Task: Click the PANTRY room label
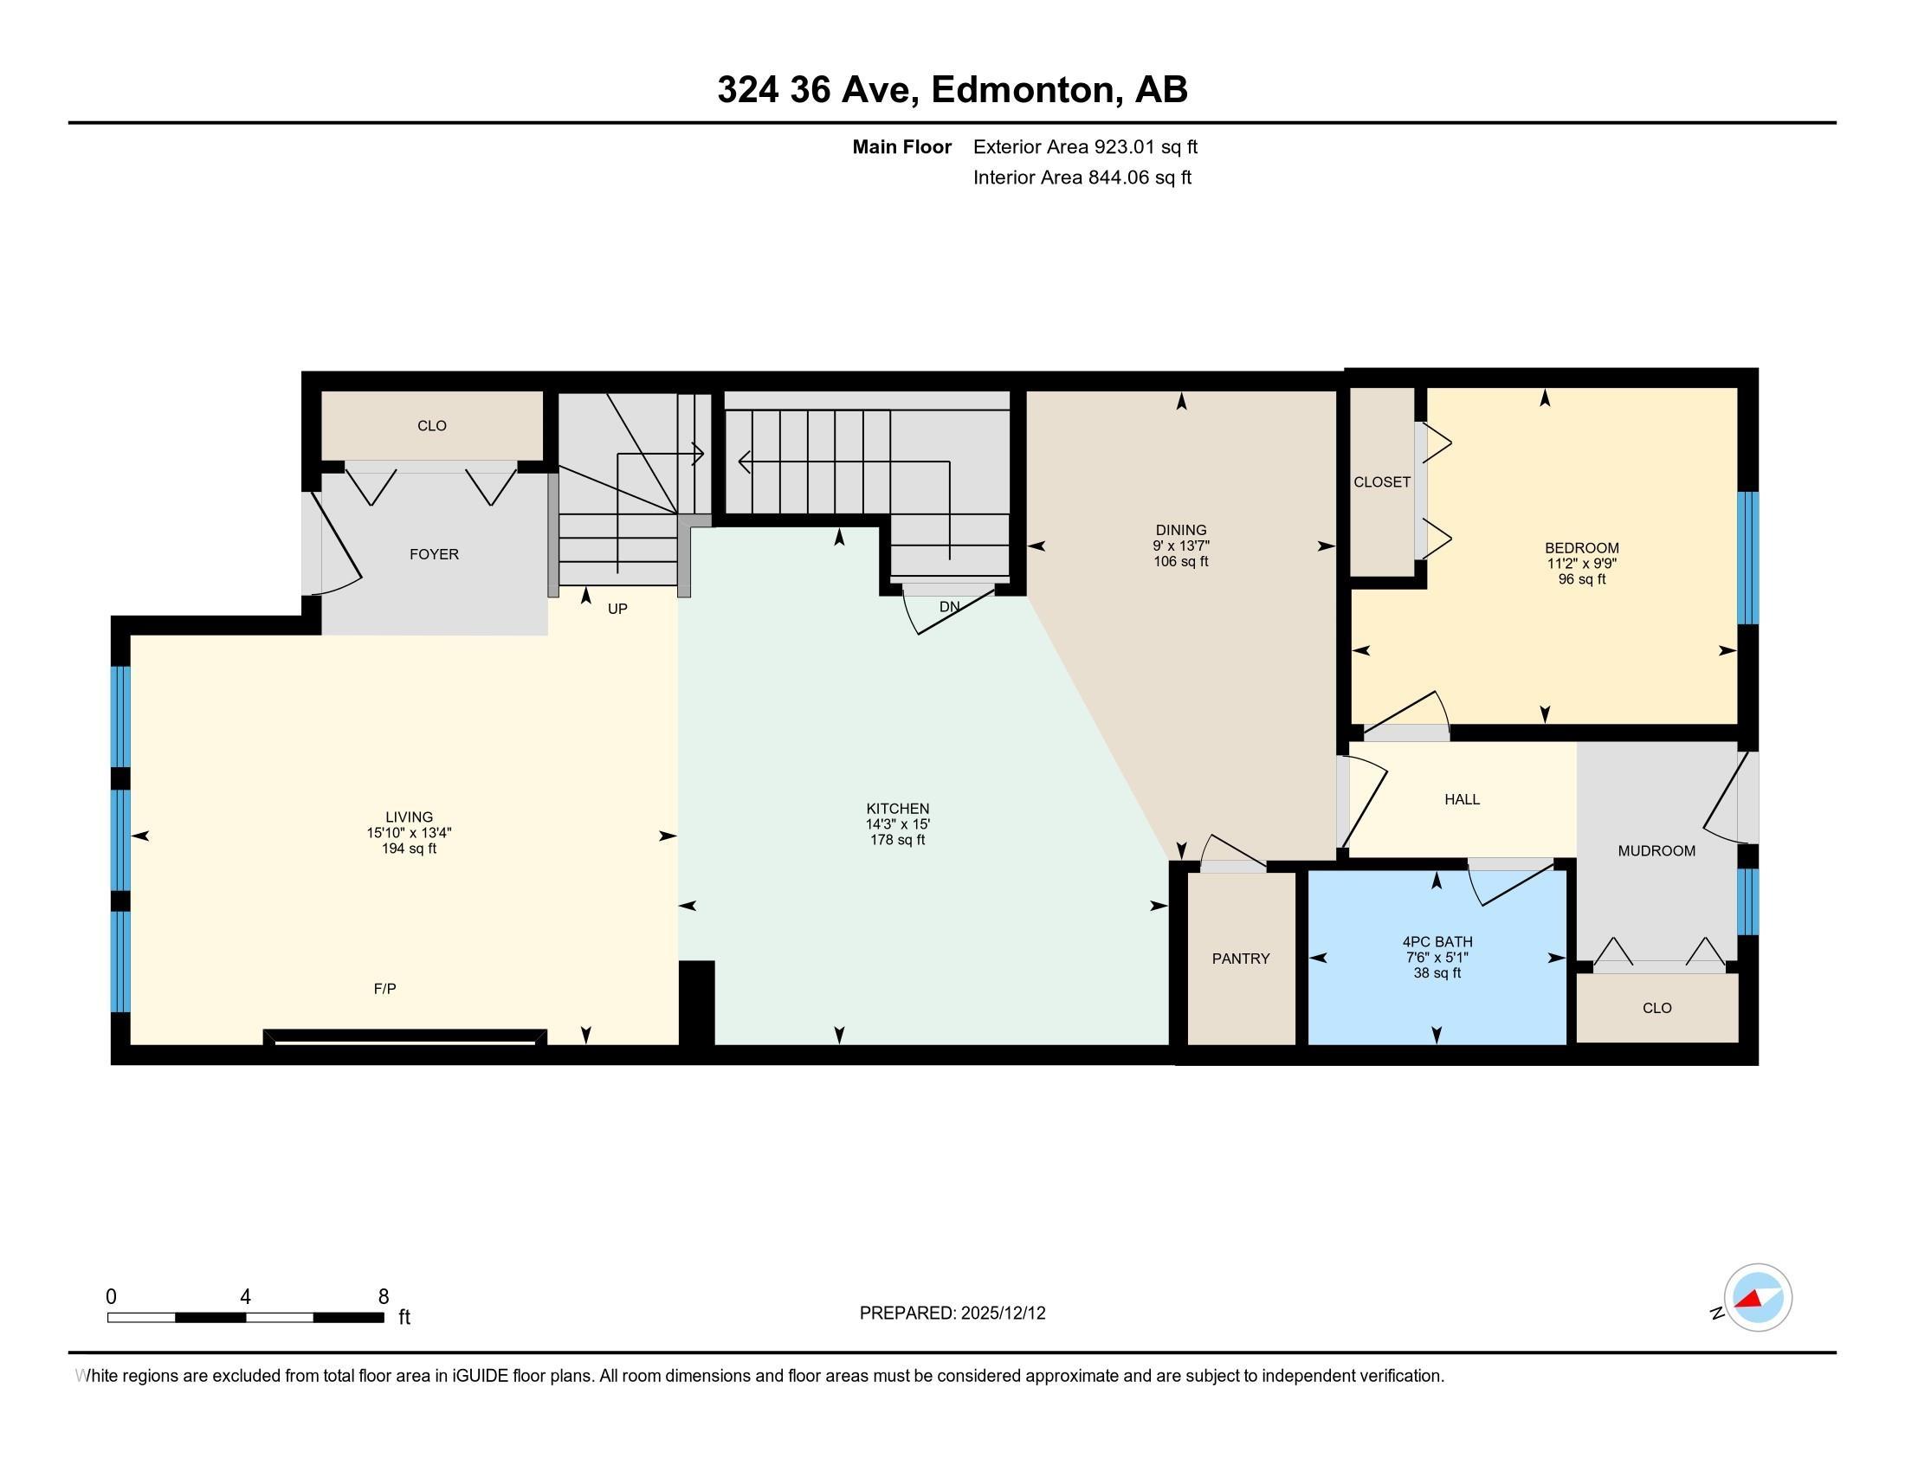[x=1240, y=959]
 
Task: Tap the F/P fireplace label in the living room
[x=384, y=988]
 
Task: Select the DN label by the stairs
[x=949, y=606]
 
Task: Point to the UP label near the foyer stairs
[x=617, y=609]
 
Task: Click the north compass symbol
[x=1757, y=1298]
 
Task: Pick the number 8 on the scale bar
[x=383, y=1297]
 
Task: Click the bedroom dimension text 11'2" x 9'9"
[x=1581, y=564]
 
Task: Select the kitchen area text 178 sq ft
[x=898, y=840]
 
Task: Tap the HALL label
[x=1462, y=799]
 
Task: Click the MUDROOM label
[x=1656, y=850]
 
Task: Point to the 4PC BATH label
[x=1437, y=942]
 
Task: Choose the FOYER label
[x=434, y=554]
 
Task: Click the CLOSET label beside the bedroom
[x=1382, y=482]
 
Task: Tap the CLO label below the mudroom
[x=1656, y=1008]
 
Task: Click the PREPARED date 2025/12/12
[x=1002, y=1314]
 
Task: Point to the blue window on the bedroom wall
[x=1747, y=558]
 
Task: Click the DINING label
[x=1180, y=529]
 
